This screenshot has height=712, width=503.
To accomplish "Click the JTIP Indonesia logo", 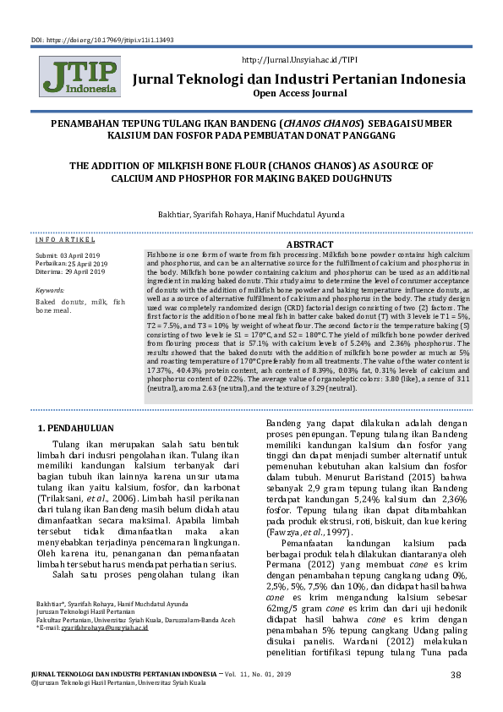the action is [x=79, y=78].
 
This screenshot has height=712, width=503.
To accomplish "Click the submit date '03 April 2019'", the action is [x=80, y=255].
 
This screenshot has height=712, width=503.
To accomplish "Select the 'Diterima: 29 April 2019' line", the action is [x=70, y=271].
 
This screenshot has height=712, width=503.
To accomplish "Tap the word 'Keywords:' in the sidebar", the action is [x=50, y=290].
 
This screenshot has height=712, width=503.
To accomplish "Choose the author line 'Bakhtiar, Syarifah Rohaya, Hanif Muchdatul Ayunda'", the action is [x=251, y=214].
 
